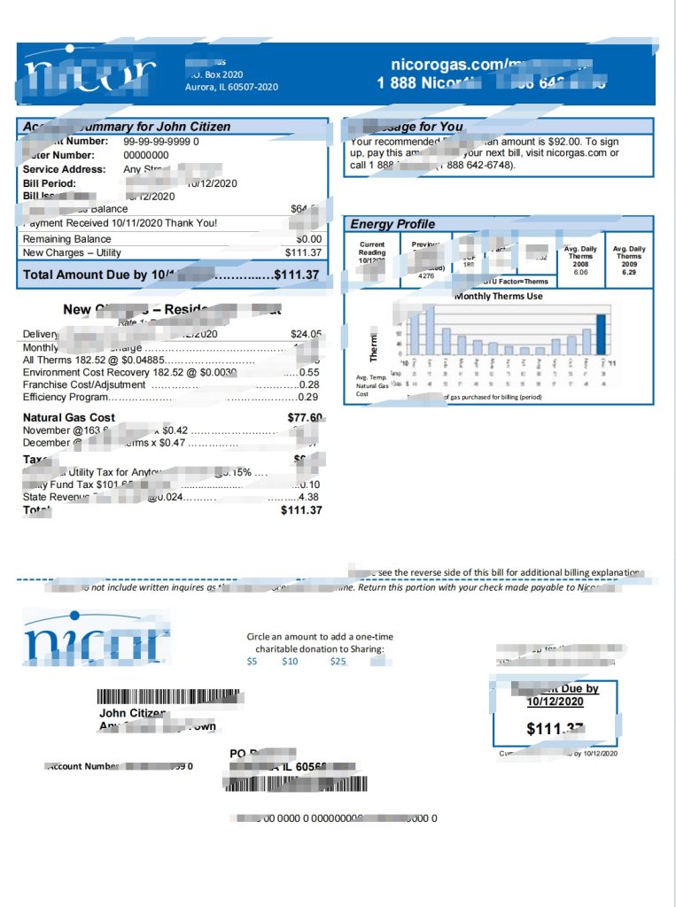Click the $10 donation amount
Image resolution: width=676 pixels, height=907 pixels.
pyautogui.click(x=290, y=661)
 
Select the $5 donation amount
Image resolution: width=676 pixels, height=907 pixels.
pyautogui.click(x=252, y=661)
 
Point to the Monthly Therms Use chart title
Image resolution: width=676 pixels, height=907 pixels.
pyautogui.click(x=498, y=296)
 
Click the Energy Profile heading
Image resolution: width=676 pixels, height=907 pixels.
pyautogui.click(x=392, y=224)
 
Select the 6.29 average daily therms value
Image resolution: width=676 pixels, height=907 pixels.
pyautogui.click(x=629, y=273)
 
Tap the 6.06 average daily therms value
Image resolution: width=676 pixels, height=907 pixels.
pyautogui.click(x=580, y=273)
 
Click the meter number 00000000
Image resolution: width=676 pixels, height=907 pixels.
pyautogui.click(x=145, y=155)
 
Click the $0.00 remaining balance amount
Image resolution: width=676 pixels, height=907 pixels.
pyautogui.click(x=308, y=239)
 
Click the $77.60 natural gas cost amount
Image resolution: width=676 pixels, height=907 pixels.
pyautogui.click(x=305, y=417)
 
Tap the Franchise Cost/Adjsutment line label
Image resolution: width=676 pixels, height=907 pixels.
pyautogui.click(x=82, y=384)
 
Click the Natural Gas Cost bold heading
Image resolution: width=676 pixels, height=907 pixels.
pyautogui.click(x=69, y=417)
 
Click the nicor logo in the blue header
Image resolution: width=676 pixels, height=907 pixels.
pyautogui.click(x=89, y=74)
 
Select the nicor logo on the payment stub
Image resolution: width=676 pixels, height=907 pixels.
pyautogui.click(x=96, y=638)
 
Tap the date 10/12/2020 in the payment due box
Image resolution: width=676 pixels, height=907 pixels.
pyautogui.click(x=556, y=702)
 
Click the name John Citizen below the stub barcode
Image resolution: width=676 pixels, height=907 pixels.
pyautogui.click(x=132, y=713)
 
